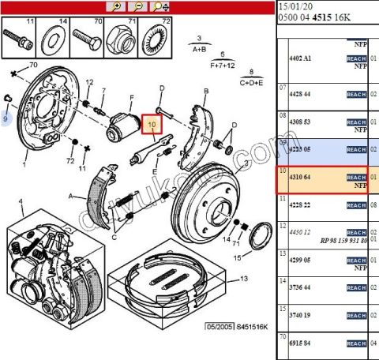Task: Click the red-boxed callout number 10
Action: pos(152,123)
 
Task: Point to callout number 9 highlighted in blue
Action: pos(5,118)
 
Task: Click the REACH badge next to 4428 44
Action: pos(356,95)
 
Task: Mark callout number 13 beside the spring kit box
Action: pos(243,279)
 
